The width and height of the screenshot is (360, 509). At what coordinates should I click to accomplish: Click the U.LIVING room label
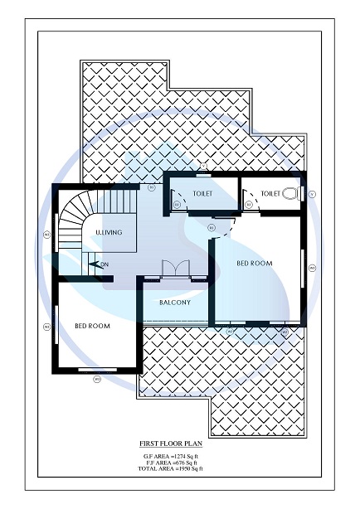click(109, 233)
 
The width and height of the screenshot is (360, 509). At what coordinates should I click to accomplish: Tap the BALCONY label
click(175, 303)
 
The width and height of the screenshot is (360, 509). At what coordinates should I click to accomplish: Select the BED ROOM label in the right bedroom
click(255, 263)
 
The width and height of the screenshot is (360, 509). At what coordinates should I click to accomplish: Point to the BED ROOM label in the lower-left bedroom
click(92, 326)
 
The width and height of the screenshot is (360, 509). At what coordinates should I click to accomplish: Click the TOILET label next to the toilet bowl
click(270, 193)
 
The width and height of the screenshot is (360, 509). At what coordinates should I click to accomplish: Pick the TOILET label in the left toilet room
click(202, 193)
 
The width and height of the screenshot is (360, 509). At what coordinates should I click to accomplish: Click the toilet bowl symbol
click(289, 193)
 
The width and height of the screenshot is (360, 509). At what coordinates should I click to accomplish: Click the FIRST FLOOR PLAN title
click(173, 444)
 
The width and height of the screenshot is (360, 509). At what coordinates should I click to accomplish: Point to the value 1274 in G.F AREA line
click(180, 456)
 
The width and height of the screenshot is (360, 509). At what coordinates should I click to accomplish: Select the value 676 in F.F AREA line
click(182, 463)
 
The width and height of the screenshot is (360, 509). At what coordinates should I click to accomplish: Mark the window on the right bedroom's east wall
click(302, 267)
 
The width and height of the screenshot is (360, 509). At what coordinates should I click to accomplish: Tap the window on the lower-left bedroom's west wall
click(56, 327)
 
